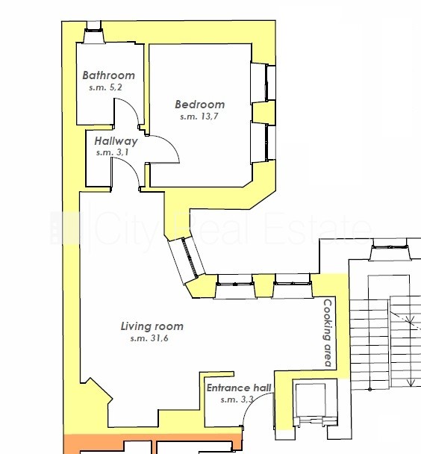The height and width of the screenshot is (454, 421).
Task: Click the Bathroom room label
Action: [x=109, y=75]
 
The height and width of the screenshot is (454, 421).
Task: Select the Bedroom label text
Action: [x=200, y=105]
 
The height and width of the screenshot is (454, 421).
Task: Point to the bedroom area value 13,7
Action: [x=208, y=116]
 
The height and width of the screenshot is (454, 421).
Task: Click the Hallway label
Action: [x=116, y=141]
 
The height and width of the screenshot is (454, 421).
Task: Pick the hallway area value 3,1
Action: [x=122, y=152]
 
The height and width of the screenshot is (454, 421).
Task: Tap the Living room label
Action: [x=152, y=326]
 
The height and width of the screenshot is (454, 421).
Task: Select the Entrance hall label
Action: [x=239, y=388]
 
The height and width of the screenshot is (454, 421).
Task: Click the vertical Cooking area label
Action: [x=328, y=333]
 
